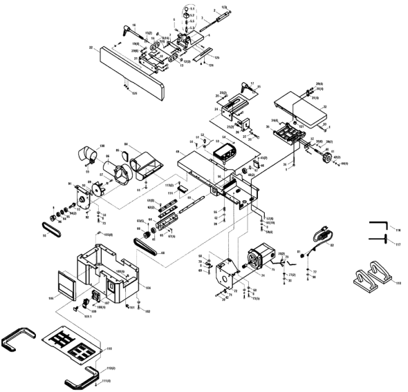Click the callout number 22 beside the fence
click(91, 48)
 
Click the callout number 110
click(109, 350)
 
